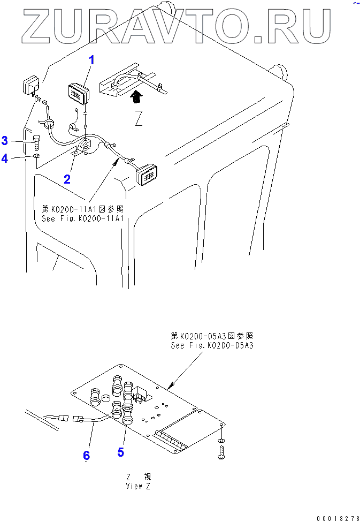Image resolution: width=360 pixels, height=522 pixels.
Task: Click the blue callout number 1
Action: pyautogui.click(x=91, y=60)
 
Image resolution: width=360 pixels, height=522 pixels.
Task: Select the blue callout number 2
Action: pyautogui.click(x=67, y=179)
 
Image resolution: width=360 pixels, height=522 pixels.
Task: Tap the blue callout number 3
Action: pyautogui.click(x=4, y=141)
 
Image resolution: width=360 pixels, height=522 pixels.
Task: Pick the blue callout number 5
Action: pyautogui.click(x=120, y=452)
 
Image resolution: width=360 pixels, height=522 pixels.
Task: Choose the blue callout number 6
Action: pyautogui.click(x=86, y=456)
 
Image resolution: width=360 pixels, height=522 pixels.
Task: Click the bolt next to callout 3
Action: pyautogui.click(x=36, y=141)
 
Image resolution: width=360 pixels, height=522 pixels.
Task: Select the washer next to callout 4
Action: pyautogui.click(x=35, y=156)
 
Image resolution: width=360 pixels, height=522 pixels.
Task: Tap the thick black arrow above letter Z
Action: pyautogui.click(x=137, y=96)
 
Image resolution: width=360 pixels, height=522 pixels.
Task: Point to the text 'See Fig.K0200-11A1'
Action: pyautogui.click(x=82, y=218)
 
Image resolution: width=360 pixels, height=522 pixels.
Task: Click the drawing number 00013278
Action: pyautogui.click(x=338, y=518)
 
